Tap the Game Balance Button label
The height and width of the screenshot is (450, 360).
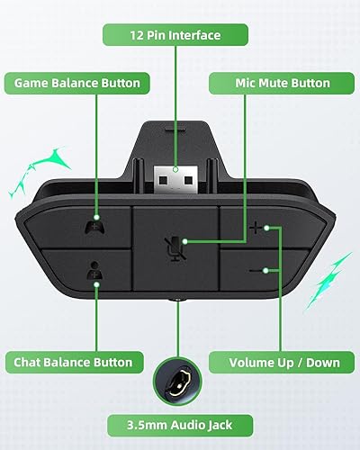76,83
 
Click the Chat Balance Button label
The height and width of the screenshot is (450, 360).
73,363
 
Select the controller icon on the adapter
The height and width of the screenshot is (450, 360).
91,228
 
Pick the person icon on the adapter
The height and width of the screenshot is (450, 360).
91,268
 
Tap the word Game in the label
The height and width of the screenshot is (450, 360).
32,83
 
